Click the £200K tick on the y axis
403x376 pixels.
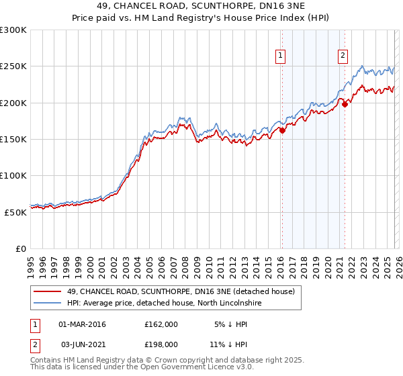click(x=13, y=103)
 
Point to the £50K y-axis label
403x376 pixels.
click(x=15, y=211)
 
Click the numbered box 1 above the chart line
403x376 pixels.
click(x=279, y=56)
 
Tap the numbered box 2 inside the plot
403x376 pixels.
click(x=343, y=56)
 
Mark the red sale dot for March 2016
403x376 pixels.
click(x=282, y=131)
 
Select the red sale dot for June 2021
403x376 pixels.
click(x=345, y=104)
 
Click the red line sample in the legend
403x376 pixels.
click(x=48, y=291)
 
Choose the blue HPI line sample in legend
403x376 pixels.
click(x=48, y=303)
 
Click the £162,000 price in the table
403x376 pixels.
click(x=161, y=324)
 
